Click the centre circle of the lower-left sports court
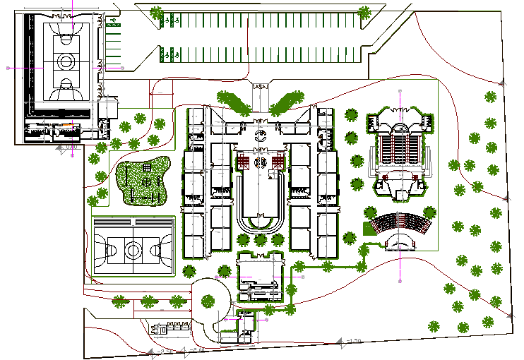point(133,248)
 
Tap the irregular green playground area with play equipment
point(144,181)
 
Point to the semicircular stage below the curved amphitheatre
point(399,243)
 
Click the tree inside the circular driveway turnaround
point(208,299)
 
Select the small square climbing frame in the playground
point(147,167)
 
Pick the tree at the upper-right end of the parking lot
point(364,11)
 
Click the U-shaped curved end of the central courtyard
point(261,224)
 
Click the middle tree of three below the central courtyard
point(261,241)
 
